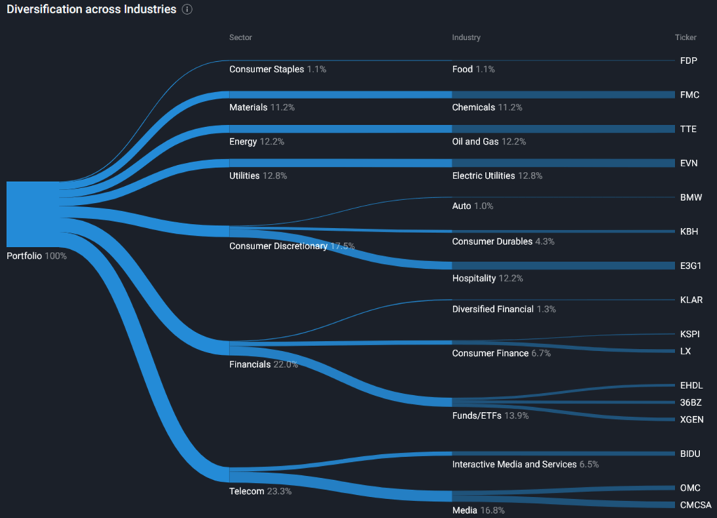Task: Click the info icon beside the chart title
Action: [187, 10]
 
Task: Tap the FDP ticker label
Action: [688, 61]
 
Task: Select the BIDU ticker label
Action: [690, 454]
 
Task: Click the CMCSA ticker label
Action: [695, 505]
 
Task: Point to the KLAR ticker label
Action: [691, 300]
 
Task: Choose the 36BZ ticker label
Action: [690, 403]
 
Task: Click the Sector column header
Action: [240, 37]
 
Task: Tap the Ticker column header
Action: [685, 37]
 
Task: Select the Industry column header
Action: [466, 37]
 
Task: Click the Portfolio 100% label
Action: [36, 256]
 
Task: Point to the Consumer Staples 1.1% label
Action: [278, 69]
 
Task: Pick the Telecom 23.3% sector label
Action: [260, 491]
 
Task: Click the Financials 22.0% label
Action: [264, 364]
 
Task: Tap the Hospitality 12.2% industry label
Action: [487, 279]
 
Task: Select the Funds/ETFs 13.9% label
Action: [490, 416]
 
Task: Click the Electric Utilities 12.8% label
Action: [497, 175]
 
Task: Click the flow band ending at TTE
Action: [561, 129]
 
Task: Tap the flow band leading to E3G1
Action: [561, 266]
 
